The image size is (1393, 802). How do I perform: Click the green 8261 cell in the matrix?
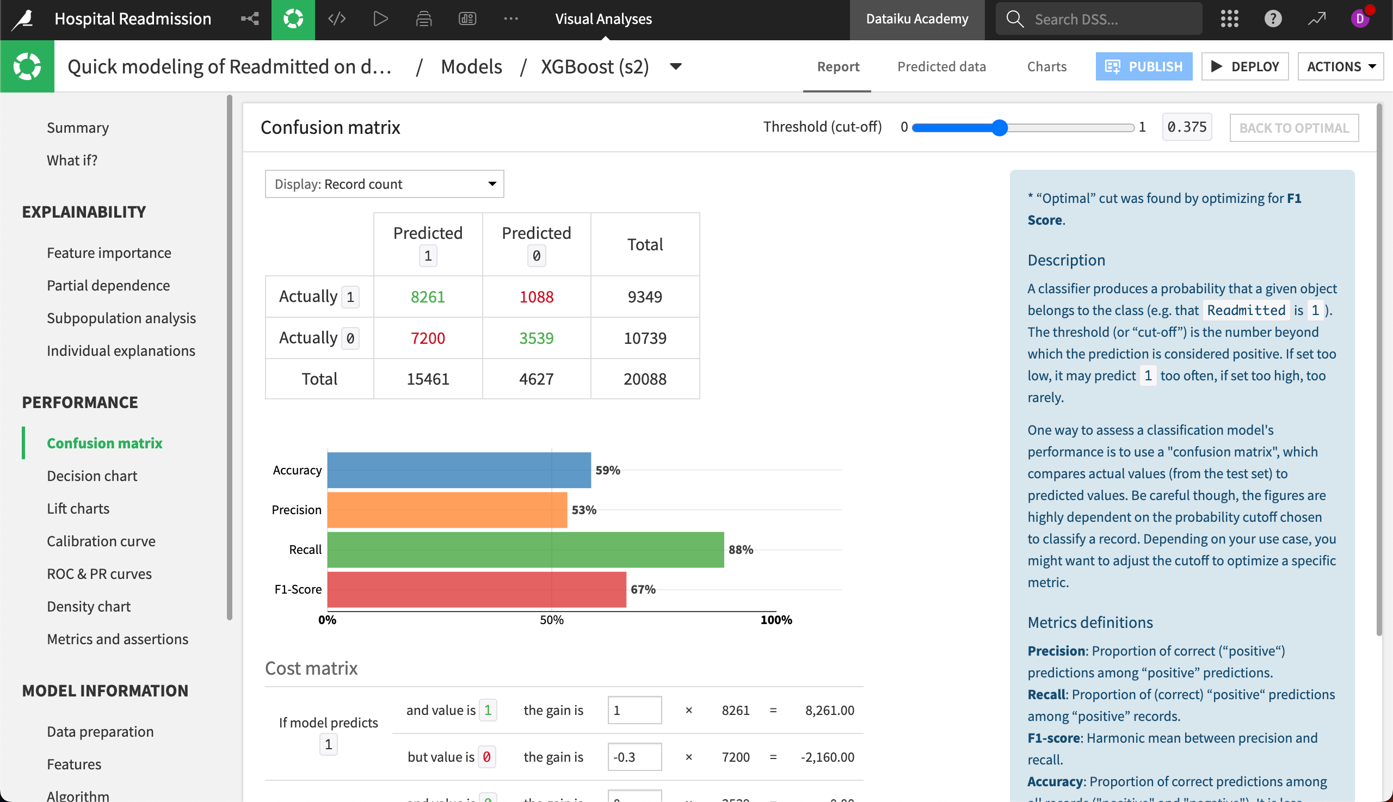click(x=428, y=297)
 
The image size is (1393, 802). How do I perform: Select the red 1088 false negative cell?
click(x=536, y=297)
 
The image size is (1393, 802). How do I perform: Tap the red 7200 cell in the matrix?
click(x=428, y=338)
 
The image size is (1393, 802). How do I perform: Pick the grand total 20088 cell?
click(x=644, y=379)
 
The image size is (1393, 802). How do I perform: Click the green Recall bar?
click(x=525, y=550)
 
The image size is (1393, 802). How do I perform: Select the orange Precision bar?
click(x=447, y=510)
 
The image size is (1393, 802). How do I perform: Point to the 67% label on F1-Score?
click(x=643, y=589)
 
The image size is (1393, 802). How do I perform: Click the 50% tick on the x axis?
click(x=551, y=620)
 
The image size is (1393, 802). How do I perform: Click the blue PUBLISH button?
click(x=1143, y=66)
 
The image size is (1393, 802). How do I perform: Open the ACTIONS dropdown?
click(x=1340, y=66)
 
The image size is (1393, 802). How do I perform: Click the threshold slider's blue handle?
click(x=999, y=128)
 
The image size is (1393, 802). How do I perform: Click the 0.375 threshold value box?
click(x=1186, y=127)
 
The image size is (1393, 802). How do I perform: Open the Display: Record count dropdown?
click(x=384, y=184)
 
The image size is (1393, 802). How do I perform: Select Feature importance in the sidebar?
click(x=109, y=253)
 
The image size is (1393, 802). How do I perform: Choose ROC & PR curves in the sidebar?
click(x=99, y=574)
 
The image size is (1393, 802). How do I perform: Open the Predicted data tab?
click(x=941, y=66)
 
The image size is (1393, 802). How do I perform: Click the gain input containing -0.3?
click(x=634, y=757)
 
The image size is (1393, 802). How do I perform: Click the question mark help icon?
click(x=1272, y=18)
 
